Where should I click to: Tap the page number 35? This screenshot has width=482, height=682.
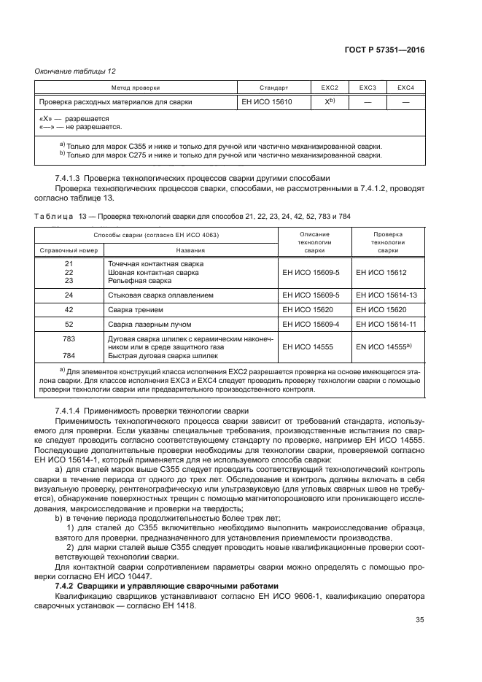419,621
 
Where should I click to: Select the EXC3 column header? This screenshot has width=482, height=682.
368,88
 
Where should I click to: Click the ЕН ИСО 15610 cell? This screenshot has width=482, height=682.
267,102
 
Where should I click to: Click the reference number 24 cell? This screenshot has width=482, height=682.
69,295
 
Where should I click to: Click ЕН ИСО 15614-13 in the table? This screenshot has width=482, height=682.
386,295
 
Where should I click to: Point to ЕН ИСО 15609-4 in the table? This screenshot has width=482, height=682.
311,324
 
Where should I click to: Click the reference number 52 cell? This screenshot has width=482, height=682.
69,324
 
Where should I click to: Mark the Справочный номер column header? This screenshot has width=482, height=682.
68,249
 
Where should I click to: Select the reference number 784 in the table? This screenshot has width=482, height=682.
69,357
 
